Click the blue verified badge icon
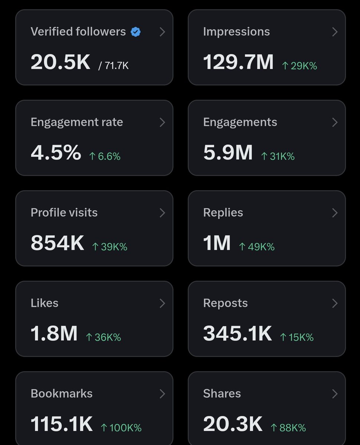135,32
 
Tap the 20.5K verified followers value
60,62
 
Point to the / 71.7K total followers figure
114,66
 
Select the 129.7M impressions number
238,62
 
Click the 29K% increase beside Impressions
300,66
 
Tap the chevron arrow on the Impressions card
335,32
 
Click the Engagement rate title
77,122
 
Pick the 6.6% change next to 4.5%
105,156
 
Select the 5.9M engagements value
228,152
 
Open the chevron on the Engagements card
335,122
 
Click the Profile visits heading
64,213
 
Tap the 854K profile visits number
57,243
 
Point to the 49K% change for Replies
257,247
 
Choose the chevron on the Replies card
335,213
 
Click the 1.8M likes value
54,333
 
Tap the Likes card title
45,303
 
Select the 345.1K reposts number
238,333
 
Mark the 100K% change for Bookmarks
121,428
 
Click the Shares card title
222,393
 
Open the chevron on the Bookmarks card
162,394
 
